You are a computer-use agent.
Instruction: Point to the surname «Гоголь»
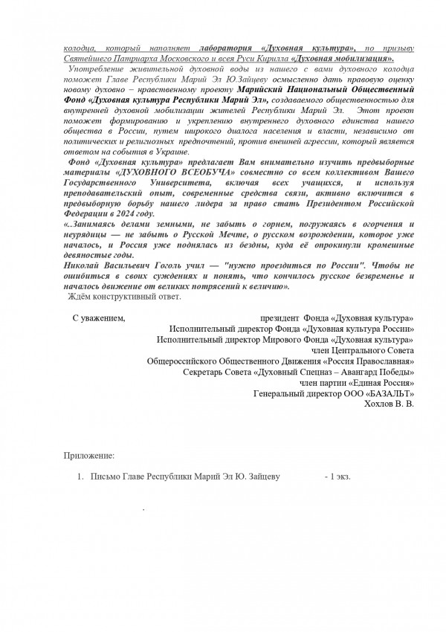(x=152, y=265)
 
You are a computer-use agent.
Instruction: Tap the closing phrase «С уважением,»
(x=99, y=317)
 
